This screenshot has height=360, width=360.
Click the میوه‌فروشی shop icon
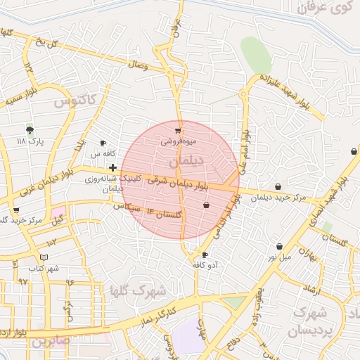(178, 130)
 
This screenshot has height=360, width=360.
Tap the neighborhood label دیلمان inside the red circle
(186, 162)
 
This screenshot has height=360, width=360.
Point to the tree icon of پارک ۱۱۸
(30, 130)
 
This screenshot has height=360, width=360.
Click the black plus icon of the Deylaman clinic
(112, 167)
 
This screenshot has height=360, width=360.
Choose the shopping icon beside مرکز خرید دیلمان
(280, 187)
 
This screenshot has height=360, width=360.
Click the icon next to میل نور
(281, 246)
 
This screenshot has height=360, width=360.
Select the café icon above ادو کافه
(205, 255)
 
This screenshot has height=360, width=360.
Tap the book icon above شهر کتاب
(44, 257)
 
